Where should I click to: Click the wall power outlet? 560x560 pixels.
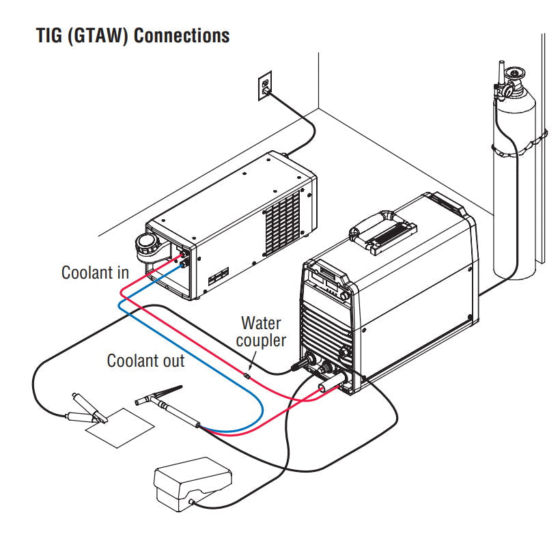[265, 86]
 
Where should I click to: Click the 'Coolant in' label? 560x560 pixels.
[95, 272]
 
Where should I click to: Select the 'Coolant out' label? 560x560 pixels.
[145, 360]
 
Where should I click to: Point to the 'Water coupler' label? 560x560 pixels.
[262, 331]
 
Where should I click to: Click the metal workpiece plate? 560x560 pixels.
[120, 428]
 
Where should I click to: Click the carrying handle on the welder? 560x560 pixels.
[379, 232]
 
